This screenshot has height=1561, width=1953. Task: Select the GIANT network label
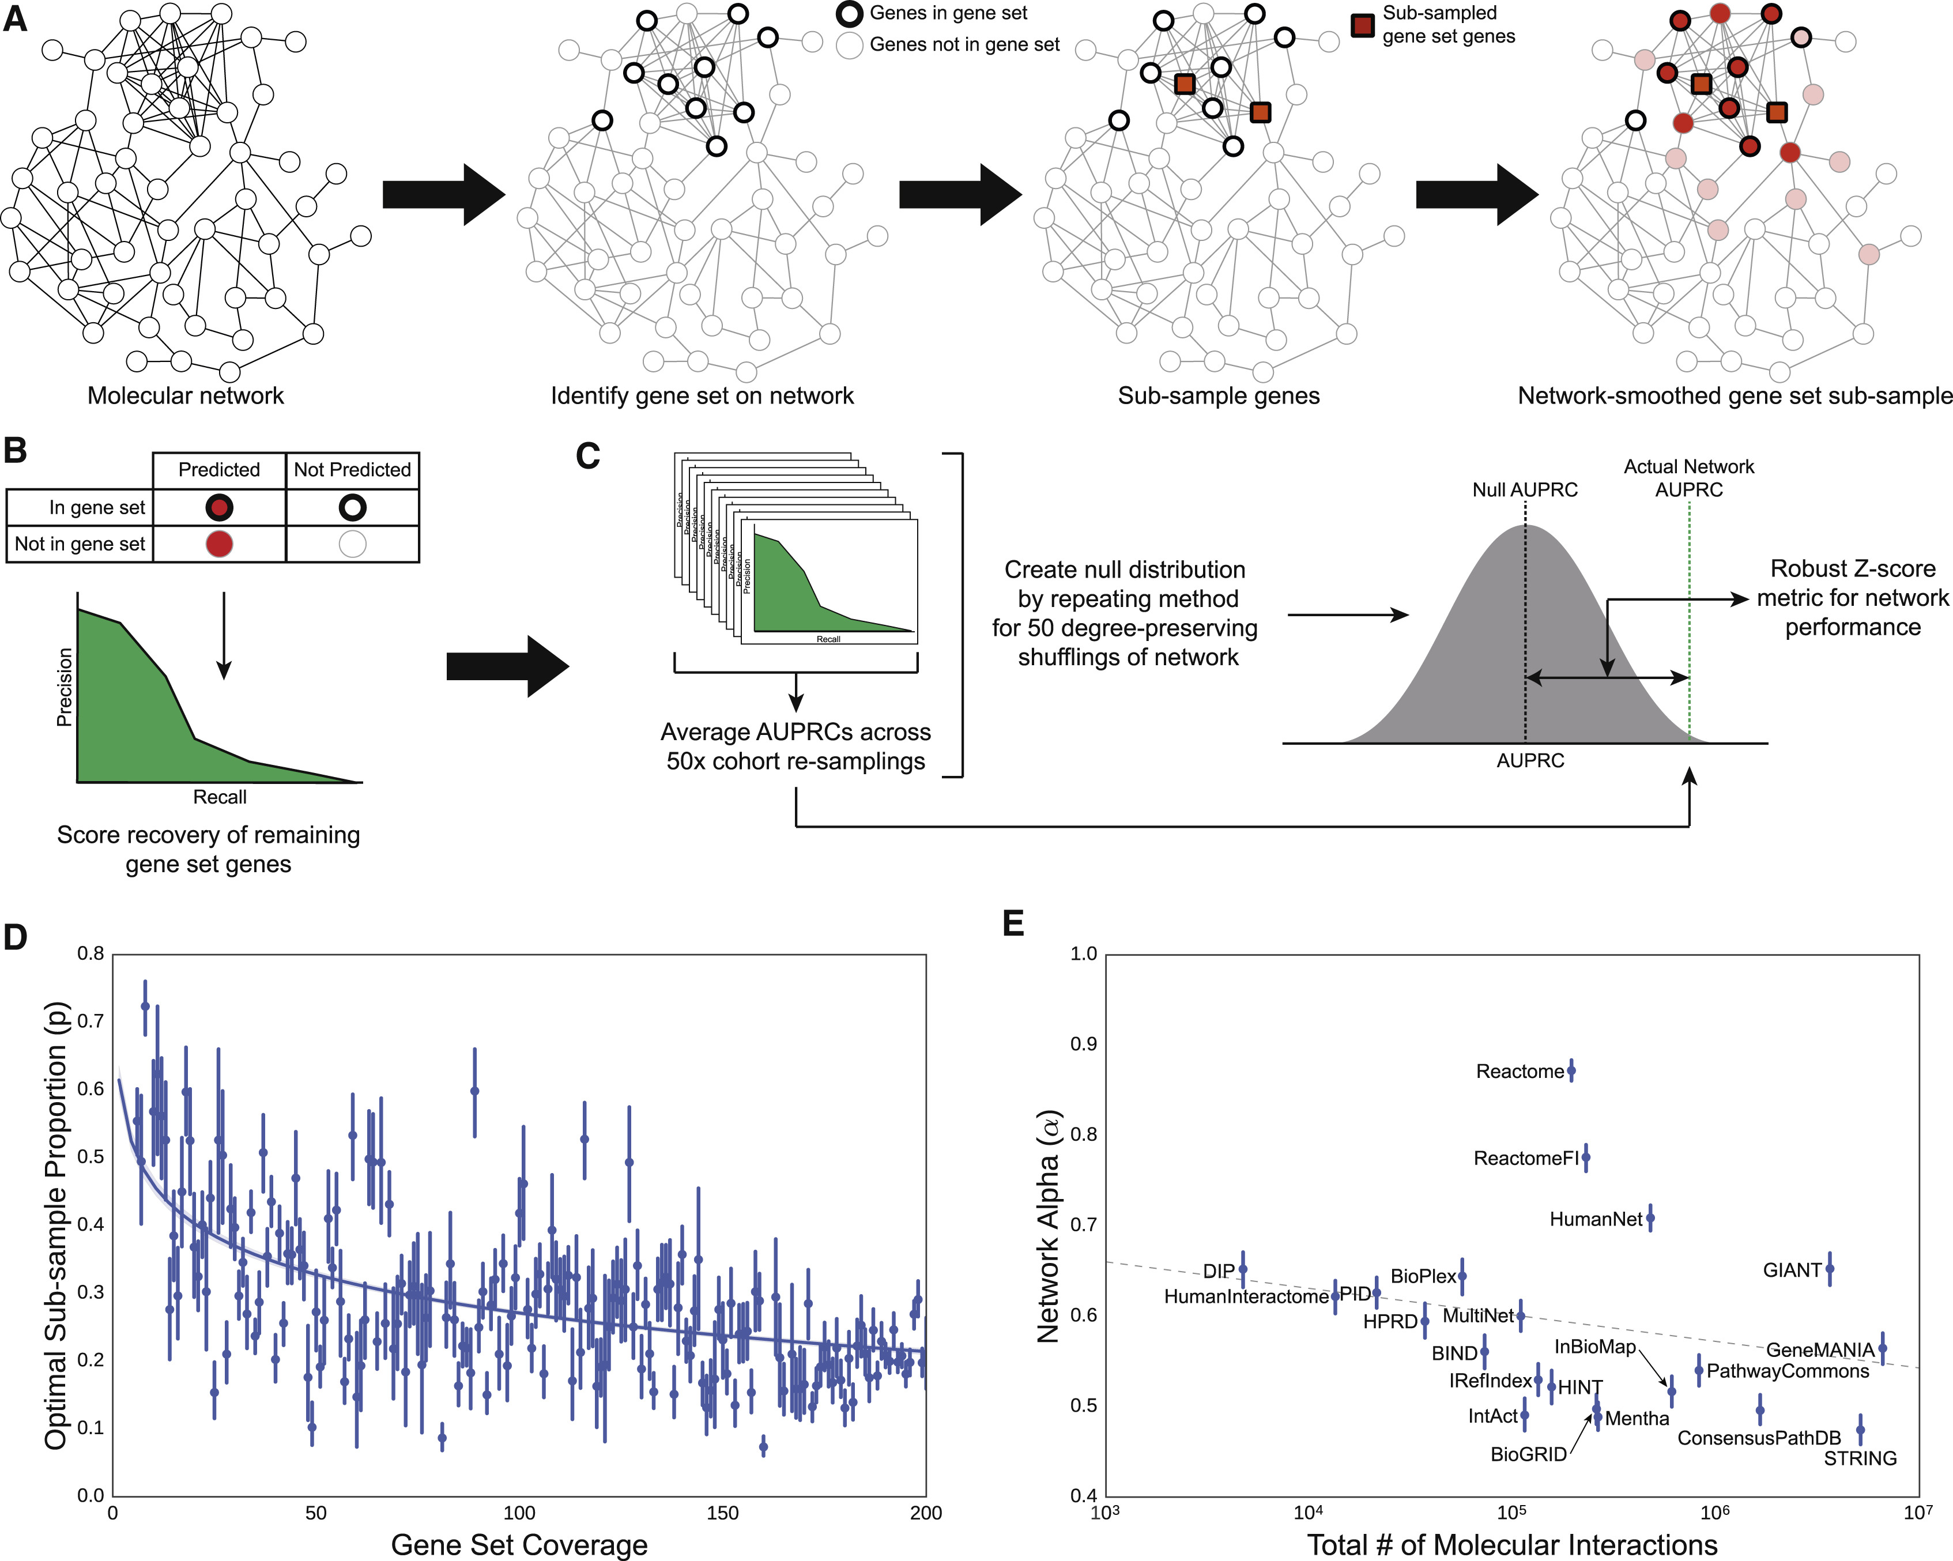point(1792,1270)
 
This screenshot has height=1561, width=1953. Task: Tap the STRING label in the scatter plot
point(1860,1458)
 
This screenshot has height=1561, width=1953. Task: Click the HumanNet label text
point(1595,1219)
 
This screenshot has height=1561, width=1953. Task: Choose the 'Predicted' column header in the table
point(218,469)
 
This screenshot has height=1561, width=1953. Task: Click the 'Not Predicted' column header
point(352,469)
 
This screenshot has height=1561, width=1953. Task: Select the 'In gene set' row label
point(97,507)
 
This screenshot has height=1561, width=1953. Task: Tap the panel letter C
point(588,456)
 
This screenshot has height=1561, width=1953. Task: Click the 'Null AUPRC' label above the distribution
point(1525,490)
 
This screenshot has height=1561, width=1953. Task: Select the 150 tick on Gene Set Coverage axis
point(722,1512)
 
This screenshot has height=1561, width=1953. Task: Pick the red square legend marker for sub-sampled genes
point(1362,25)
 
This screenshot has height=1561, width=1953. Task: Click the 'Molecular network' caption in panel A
point(186,396)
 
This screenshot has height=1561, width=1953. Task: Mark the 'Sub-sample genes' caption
point(1219,396)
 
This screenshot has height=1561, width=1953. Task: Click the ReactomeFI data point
point(1585,1157)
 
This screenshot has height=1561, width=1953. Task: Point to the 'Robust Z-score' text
point(1853,569)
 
